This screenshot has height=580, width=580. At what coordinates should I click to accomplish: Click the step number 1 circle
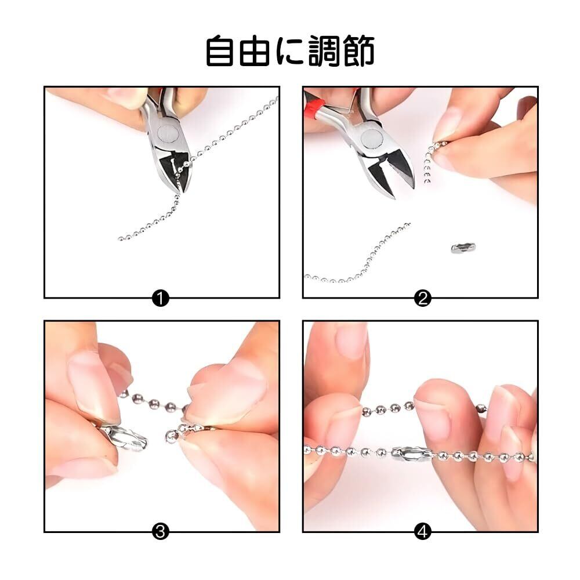(160, 298)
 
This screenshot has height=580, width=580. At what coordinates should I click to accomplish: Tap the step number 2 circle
(423, 298)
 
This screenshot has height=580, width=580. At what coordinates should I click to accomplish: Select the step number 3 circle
(160, 532)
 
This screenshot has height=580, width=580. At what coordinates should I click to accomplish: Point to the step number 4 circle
(423, 532)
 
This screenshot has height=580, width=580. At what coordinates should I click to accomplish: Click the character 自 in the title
(220, 50)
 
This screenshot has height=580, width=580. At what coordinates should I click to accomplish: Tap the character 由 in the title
(255, 50)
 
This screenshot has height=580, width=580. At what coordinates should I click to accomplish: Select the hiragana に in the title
(289, 52)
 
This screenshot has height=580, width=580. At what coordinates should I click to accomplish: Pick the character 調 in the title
(324, 50)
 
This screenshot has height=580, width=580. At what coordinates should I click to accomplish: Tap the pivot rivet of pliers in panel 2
(372, 140)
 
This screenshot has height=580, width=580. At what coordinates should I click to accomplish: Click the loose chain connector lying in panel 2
(463, 248)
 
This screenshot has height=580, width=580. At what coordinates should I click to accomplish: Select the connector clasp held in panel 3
(124, 437)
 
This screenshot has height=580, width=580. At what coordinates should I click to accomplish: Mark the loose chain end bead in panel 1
(120, 239)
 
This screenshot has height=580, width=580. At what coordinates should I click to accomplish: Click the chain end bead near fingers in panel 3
(171, 437)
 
